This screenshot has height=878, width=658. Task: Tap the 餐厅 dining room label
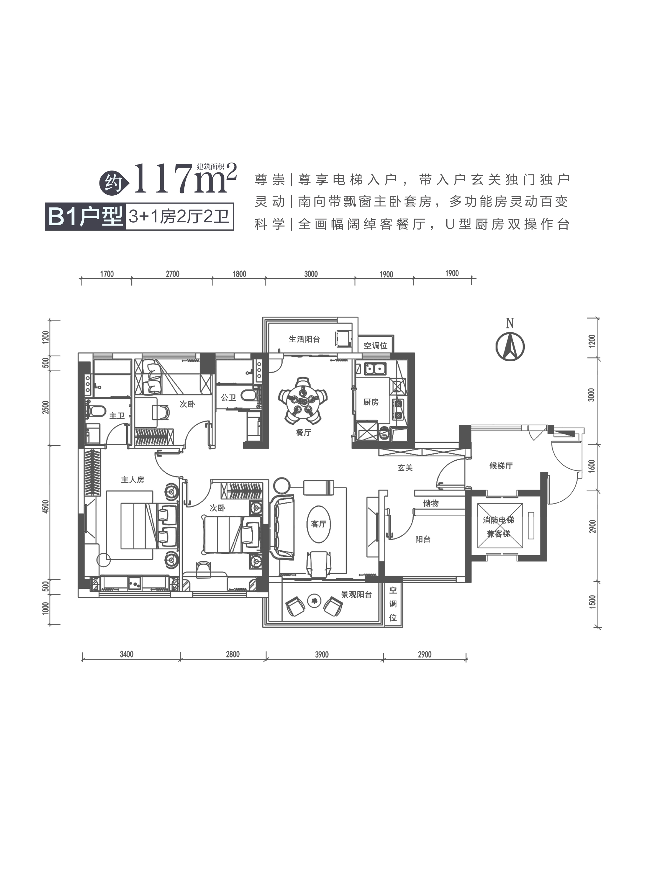(x=304, y=432)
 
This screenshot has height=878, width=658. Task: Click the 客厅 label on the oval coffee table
(x=319, y=524)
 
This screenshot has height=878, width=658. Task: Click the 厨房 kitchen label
(x=371, y=402)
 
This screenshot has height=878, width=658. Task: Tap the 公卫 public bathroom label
(x=229, y=397)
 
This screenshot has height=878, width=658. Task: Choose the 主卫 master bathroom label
(x=117, y=415)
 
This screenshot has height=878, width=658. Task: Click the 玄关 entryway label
(x=405, y=468)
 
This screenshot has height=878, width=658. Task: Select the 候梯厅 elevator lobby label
(x=501, y=466)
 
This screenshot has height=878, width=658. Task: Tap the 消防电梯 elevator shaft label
(x=498, y=520)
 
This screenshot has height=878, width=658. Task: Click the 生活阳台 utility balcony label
(x=304, y=339)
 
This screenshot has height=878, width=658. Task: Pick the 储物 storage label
(x=431, y=503)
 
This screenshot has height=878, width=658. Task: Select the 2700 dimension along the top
(x=173, y=274)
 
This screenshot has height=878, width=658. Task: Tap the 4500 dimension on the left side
(x=46, y=507)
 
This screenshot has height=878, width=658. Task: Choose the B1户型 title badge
(x=85, y=217)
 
